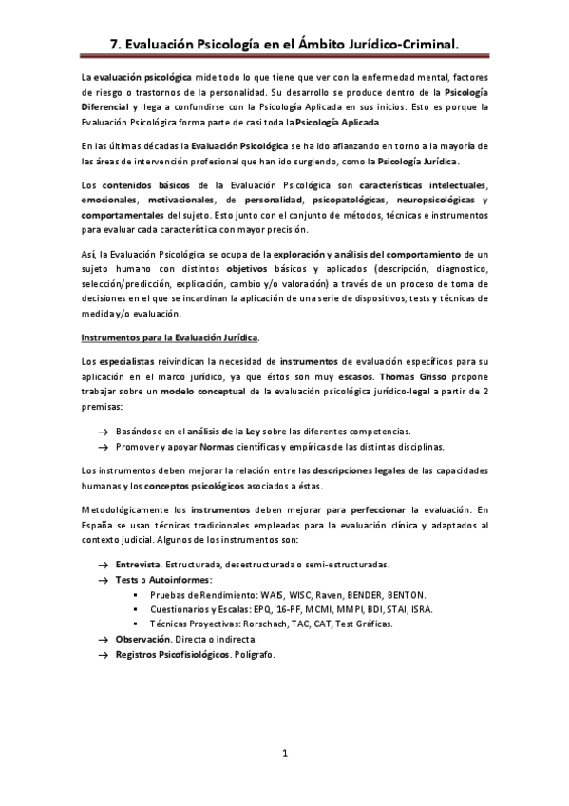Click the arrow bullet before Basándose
(101, 432)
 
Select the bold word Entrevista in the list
(138, 566)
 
